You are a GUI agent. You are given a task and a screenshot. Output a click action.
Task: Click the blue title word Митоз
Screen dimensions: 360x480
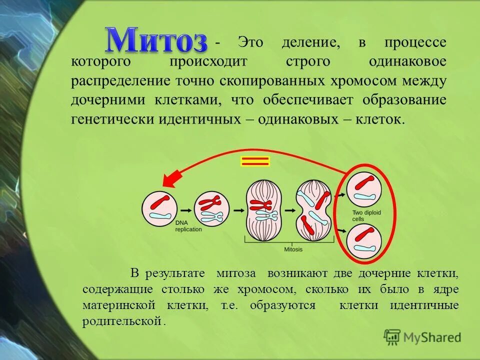point(155,39)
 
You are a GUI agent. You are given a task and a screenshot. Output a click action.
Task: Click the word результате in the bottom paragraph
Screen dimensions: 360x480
point(175,273)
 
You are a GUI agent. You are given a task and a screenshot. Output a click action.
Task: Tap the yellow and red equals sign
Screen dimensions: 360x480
point(255,161)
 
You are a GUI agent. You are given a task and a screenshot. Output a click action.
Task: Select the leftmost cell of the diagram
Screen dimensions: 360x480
point(159,208)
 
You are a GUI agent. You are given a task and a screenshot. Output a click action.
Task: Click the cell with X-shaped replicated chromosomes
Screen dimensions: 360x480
point(211,209)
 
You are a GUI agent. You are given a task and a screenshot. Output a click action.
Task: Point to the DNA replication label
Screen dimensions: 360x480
point(188,226)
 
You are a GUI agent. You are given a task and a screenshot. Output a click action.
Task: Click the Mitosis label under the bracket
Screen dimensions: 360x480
point(293,248)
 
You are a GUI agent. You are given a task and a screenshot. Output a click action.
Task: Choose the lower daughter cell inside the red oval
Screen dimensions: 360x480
point(364,241)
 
